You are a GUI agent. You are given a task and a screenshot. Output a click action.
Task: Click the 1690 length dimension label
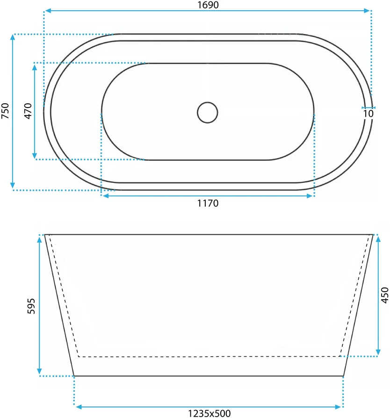click(x=208, y=5)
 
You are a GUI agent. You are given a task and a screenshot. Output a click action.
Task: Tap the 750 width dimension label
click(x=5, y=111)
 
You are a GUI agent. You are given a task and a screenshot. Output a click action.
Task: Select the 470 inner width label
click(x=28, y=111)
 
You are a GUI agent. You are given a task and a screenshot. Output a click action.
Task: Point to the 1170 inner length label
click(x=208, y=203)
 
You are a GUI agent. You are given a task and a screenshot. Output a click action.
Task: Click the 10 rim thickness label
click(x=368, y=114)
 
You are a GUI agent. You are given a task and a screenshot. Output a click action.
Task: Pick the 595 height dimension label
click(x=31, y=306)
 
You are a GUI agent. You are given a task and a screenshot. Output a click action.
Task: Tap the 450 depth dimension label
click(x=385, y=295)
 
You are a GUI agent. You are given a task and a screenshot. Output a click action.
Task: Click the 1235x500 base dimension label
click(x=209, y=413)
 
